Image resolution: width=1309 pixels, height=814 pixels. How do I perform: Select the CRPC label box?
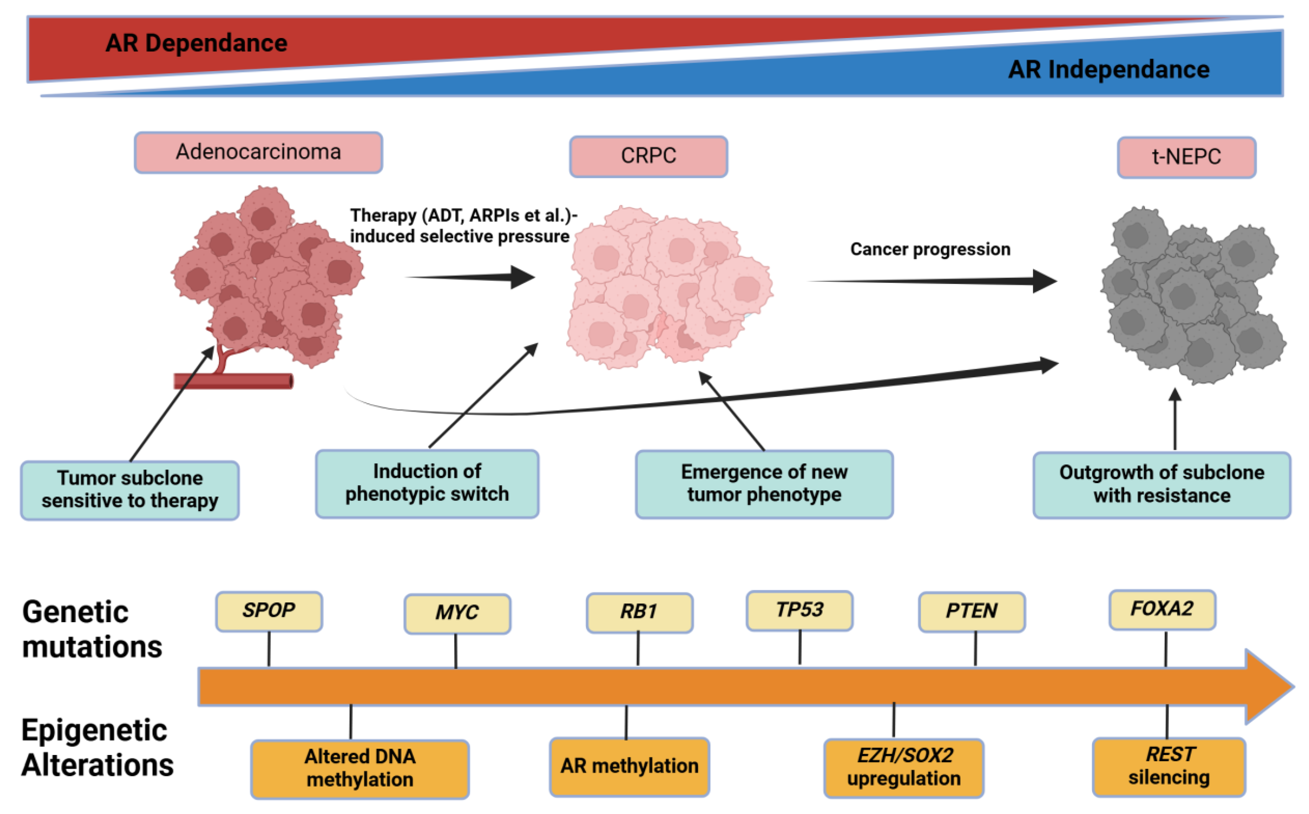pyautogui.click(x=648, y=156)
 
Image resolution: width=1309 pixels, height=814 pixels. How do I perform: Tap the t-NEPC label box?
pyautogui.click(x=1186, y=157)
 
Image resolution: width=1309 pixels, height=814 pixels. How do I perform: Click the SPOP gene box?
pyautogui.click(x=269, y=611)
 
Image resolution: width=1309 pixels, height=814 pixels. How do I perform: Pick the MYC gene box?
pyautogui.click(x=457, y=613)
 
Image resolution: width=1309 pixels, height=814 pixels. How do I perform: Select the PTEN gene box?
pyautogui.click(x=971, y=612)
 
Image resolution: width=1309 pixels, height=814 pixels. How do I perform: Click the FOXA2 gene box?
pyautogui.click(x=1162, y=610)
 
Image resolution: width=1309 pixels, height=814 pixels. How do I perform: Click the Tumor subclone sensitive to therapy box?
pyautogui.click(x=130, y=490)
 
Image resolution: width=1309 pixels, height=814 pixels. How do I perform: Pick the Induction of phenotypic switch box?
pyautogui.click(x=427, y=483)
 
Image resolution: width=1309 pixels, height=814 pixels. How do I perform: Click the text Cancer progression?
pyautogui.click(x=930, y=249)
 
